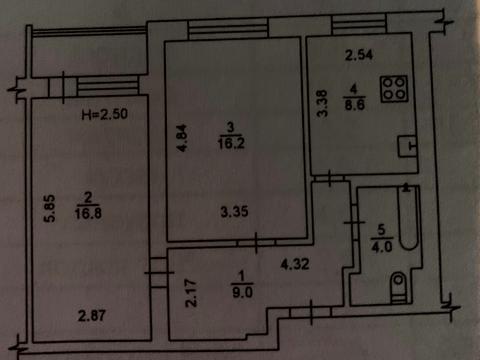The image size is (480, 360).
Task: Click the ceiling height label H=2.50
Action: point(105,114)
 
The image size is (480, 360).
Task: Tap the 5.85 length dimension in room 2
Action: point(50,208)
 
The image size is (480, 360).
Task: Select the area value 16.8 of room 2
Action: point(88,213)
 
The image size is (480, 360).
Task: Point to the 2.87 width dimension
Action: point(92,316)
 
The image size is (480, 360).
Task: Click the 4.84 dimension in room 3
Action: point(183,138)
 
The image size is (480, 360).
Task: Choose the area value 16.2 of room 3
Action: point(231,143)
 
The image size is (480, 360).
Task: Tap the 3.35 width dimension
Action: point(234,212)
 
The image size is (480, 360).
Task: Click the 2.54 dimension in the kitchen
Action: point(359,55)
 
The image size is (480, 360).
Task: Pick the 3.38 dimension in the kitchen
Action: point(322,103)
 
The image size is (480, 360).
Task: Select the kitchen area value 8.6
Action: point(355,105)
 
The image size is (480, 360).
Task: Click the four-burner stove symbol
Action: point(395,89)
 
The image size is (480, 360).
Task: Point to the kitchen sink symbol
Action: point(408,146)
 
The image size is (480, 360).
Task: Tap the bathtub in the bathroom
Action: point(408,218)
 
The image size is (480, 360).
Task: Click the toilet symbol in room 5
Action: point(398,287)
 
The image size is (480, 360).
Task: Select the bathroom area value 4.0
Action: point(382,247)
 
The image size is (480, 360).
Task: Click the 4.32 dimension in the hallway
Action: point(295,264)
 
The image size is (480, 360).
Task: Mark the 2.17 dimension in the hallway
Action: point(191,293)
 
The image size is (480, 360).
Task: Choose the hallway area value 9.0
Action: point(242,293)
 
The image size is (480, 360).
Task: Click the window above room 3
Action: point(228,30)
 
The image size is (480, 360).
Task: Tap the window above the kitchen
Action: point(359,25)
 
